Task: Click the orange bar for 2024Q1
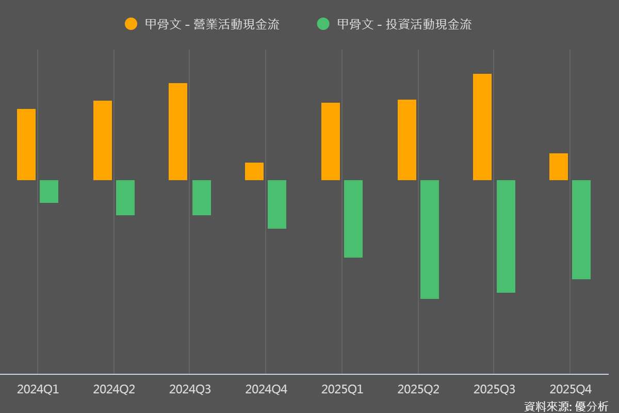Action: point(26,145)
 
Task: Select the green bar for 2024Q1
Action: point(49,192)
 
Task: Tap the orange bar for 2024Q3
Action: point(178,132)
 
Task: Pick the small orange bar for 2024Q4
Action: point(254,171)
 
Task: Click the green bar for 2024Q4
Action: point(277,204)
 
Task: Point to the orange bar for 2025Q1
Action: point(331,141)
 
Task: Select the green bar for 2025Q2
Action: point(430,240)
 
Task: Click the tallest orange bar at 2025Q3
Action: point(482,127)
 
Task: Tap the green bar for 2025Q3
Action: point(506,236)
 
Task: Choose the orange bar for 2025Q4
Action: point(559,167)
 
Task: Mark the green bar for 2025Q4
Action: point(581,230)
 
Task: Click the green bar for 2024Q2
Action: point(125,198)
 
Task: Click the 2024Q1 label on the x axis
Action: point(38,389)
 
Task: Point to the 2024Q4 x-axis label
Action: point(266,389)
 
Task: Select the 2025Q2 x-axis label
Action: point(418,389)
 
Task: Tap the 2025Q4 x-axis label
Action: point(570,389)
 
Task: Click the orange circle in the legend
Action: point(131,24)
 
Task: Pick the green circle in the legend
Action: point(323,24)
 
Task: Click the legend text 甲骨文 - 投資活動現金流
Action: point(404,24)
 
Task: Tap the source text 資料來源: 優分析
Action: point(566,406)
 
